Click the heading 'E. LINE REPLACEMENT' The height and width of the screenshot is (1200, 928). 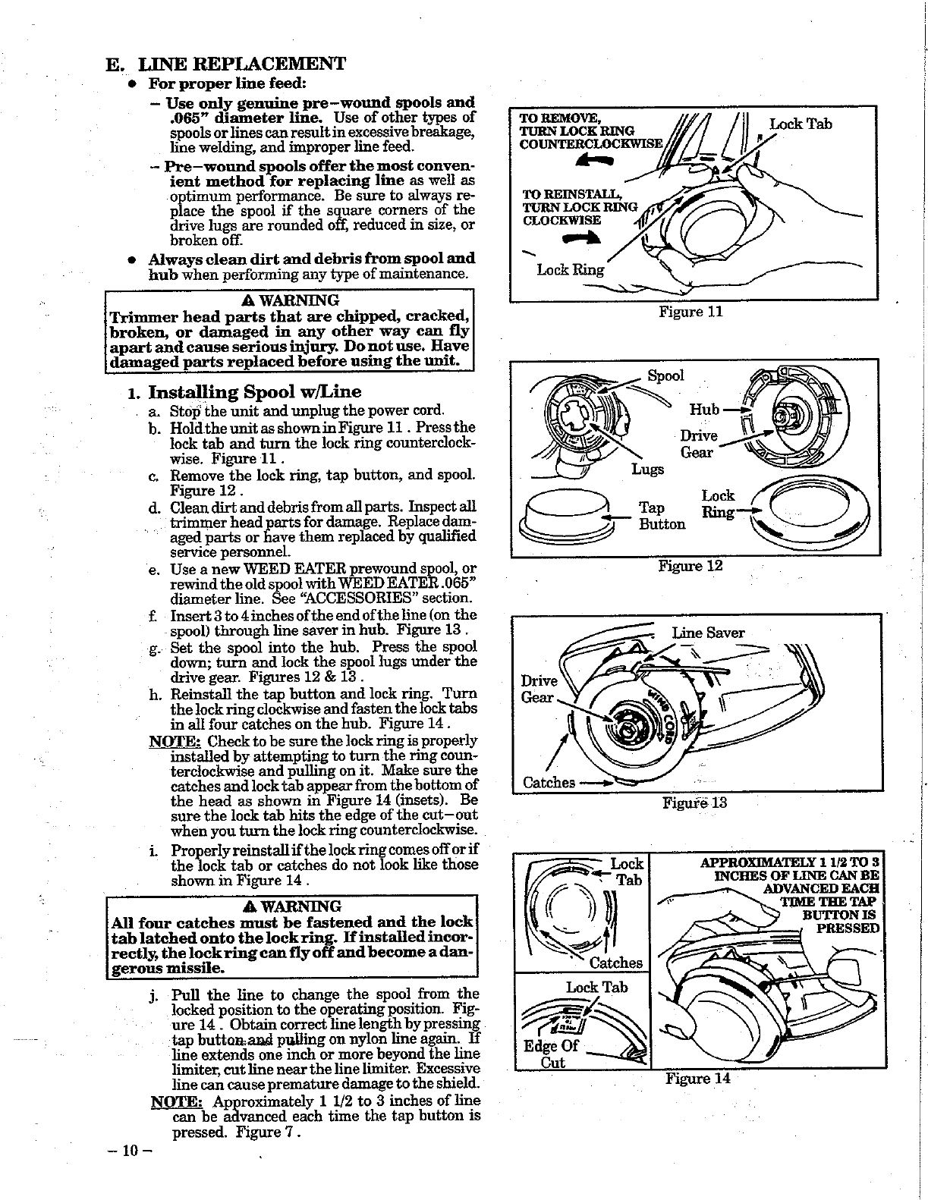pyautogui.click(x=225, y=63)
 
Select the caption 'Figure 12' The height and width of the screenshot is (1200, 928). pyautogui.click(x=690, y=566)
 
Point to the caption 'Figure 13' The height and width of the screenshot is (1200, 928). pyautogui.click(x=695, y=803)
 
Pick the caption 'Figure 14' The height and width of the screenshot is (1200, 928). pyautogui.click(x=697, y=1078)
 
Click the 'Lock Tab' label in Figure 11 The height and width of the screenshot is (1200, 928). pyautogui.click(x=801, y=124)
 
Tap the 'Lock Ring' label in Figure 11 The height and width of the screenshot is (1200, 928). pyautogui.click(x=571, y=269)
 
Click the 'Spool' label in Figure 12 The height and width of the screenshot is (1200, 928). pyautogui.click(x=665, y=375)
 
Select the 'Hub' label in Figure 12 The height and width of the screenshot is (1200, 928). pyautogui.click(x=703, y=410)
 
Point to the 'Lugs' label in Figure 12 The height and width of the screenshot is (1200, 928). pyautogui.click(x=647, y=470)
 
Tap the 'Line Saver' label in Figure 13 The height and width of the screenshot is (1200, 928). pyautogui.click(x=708, y=633)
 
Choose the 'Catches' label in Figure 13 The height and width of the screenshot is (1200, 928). pyautogui.click(x=549, y=782)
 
